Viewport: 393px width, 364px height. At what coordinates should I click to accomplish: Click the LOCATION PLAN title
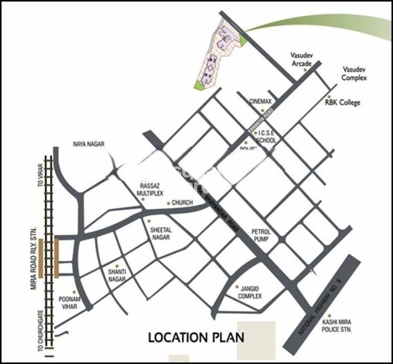click(x=196, y=337)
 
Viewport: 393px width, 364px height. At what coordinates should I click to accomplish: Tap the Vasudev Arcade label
click(x=301, y=59)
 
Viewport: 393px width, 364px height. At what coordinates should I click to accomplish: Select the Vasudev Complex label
click(x=354, y=73)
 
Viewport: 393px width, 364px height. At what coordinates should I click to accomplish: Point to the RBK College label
click(x=343, y=103)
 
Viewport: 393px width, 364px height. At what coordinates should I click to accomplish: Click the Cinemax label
click(x=261, y=102)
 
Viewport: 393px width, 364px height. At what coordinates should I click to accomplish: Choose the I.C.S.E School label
click(x=268, y=137)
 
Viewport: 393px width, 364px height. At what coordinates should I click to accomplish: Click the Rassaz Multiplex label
click(x=150, y=189)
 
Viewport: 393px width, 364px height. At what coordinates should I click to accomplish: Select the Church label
click(x=182, y=203)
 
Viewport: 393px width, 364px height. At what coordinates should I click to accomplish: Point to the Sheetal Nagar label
click(x=161, y=233)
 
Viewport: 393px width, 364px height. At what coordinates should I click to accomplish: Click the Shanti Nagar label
click(x=117, y=275)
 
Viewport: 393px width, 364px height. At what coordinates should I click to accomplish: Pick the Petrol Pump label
click(x=261, y=235)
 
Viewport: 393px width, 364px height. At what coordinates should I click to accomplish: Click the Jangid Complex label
click(x=249, y=292)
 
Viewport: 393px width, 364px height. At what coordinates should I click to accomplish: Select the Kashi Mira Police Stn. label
click(x=337, y=326)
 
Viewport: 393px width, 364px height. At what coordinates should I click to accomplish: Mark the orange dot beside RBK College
click(x=328, y=96)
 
